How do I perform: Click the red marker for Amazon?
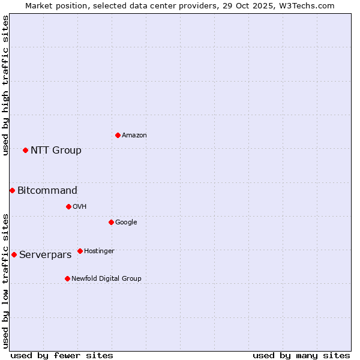(118, 135)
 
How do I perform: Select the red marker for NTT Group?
(25, 150)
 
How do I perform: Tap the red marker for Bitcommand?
(12, 190)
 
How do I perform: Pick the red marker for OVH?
(68, 206)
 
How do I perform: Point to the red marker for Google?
(111, 222)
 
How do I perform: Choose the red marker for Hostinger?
(80, 251)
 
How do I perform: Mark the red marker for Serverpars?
(14, 254)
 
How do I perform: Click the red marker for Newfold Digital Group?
(67, 278)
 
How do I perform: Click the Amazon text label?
(134, 136)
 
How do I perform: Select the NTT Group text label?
(56, 151)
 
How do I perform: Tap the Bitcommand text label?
(47, 191)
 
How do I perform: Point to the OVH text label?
(80, 207)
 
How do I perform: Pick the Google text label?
(126, 223)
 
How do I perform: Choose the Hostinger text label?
(99, 251)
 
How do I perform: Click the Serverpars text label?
(46, 255)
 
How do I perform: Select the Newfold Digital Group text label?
(106, 279)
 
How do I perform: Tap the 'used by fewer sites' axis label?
(62, 355)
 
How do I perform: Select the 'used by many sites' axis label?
(301, 355)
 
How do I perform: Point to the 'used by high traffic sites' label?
(5, 85)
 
